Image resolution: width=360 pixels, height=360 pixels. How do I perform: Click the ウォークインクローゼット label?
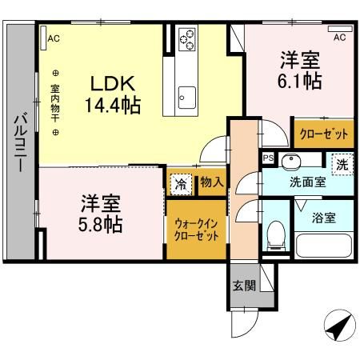pyautogui.click(x=196, y=231)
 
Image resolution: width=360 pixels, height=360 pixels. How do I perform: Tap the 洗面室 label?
pyautogui.click(x=307, y=182)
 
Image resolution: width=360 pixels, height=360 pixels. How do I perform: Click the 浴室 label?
pyautogui.click(x=324, y=216)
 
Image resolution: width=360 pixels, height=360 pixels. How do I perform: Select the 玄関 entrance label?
pyautogui.click(x=244, y=286)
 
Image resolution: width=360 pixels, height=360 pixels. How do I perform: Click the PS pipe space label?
pyautogui.click(x=268, y=158)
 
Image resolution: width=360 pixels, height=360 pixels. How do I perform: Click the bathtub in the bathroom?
pyautogui.click(x=324, y=246)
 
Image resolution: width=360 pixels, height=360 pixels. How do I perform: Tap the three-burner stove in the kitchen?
pyautogui.click(x=187, y=38)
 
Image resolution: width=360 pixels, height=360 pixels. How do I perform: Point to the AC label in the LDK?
pyautogui.click(x=53, y=38)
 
